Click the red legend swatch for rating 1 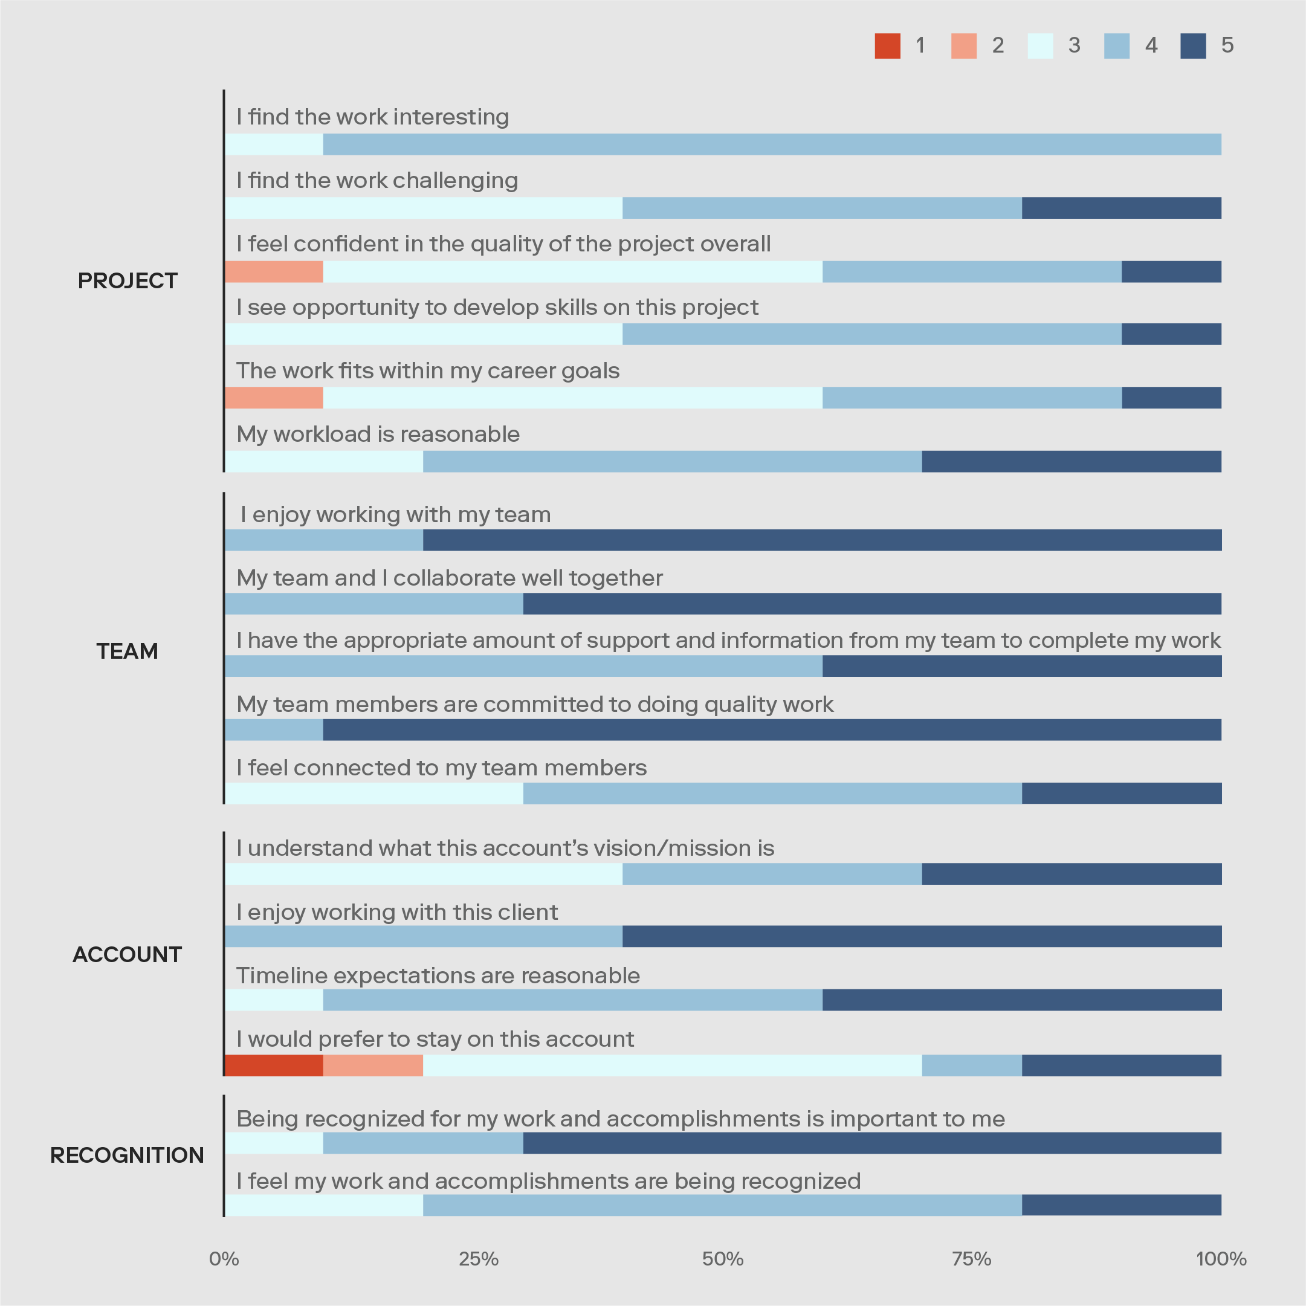click(887, 46)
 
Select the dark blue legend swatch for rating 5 click(1193, 46)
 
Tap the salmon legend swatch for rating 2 click(963, 46)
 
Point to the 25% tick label click(479, 1259)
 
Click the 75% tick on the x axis click(971, 1259)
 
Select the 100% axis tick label click(1221, 1259)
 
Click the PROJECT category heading click(127, 280)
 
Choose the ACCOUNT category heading click(127, 954)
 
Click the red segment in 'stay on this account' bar click(274, 1065)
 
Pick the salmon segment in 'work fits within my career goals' click(274, 398)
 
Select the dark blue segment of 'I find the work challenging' click(1122, 207)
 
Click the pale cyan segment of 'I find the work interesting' click(274, 144)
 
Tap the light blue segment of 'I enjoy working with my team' click(324, 540)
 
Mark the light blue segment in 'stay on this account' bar click(972, 1065)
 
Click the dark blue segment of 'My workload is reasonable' click(1072, 461)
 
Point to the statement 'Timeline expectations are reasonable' click(438, 975)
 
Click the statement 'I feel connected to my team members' click(441, 768)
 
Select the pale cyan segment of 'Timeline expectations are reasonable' click(274, 1000)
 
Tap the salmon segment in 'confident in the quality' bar click(274, 271)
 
